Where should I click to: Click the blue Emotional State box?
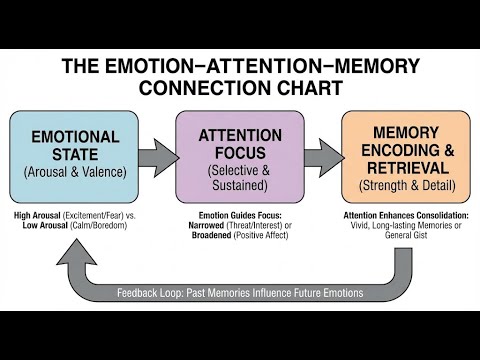pos(74,156)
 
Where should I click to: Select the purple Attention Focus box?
pos(240,156)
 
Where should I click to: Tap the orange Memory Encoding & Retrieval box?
pos(405,156)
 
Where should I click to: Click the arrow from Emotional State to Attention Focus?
pos(157,158)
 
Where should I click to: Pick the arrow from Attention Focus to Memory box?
pos(322,158)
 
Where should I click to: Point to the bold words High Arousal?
pos(41,215)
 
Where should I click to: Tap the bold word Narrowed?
pos(209,225)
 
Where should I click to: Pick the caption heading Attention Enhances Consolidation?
pos(405,215)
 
